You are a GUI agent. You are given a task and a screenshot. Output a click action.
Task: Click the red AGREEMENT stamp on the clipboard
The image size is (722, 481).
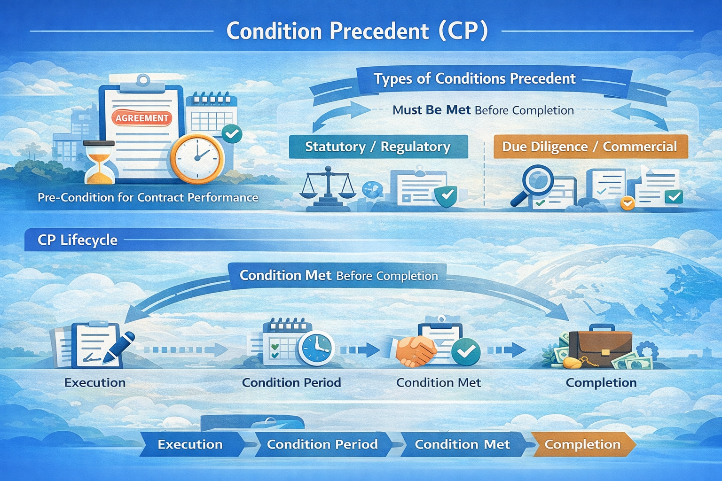(x=141, y=118)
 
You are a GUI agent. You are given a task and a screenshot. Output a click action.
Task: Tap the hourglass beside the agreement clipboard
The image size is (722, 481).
(x=99, y=162)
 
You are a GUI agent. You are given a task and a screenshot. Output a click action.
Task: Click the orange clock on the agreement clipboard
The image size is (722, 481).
(x=197, y=158)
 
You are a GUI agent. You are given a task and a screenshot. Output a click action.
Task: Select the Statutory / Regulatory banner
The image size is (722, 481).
(x=378, y=147)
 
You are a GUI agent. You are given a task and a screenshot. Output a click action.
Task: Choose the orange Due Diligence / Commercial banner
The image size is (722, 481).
(x=590, y=147)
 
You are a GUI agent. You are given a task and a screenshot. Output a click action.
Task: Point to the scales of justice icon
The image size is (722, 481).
(x=328, y=188)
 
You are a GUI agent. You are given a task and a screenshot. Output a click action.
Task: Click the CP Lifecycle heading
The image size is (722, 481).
(x=78, y=240)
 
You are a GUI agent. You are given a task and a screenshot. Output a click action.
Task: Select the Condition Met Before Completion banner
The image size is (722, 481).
(x=338, y=275)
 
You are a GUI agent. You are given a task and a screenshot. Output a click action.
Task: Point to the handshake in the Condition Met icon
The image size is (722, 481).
(x=416, y=350)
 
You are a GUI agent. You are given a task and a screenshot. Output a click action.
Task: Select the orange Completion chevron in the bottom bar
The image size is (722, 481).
(x=583, y=444)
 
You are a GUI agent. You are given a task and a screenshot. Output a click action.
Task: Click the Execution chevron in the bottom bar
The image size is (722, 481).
(x=190, y=444)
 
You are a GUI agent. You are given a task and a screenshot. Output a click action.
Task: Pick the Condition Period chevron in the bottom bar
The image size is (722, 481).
(x=322, y=444)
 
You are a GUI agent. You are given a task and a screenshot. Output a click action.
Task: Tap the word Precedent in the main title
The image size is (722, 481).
(x=379, y=31)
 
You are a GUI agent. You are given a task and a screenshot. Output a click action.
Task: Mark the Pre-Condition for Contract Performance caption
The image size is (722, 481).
(x=148, y=197)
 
